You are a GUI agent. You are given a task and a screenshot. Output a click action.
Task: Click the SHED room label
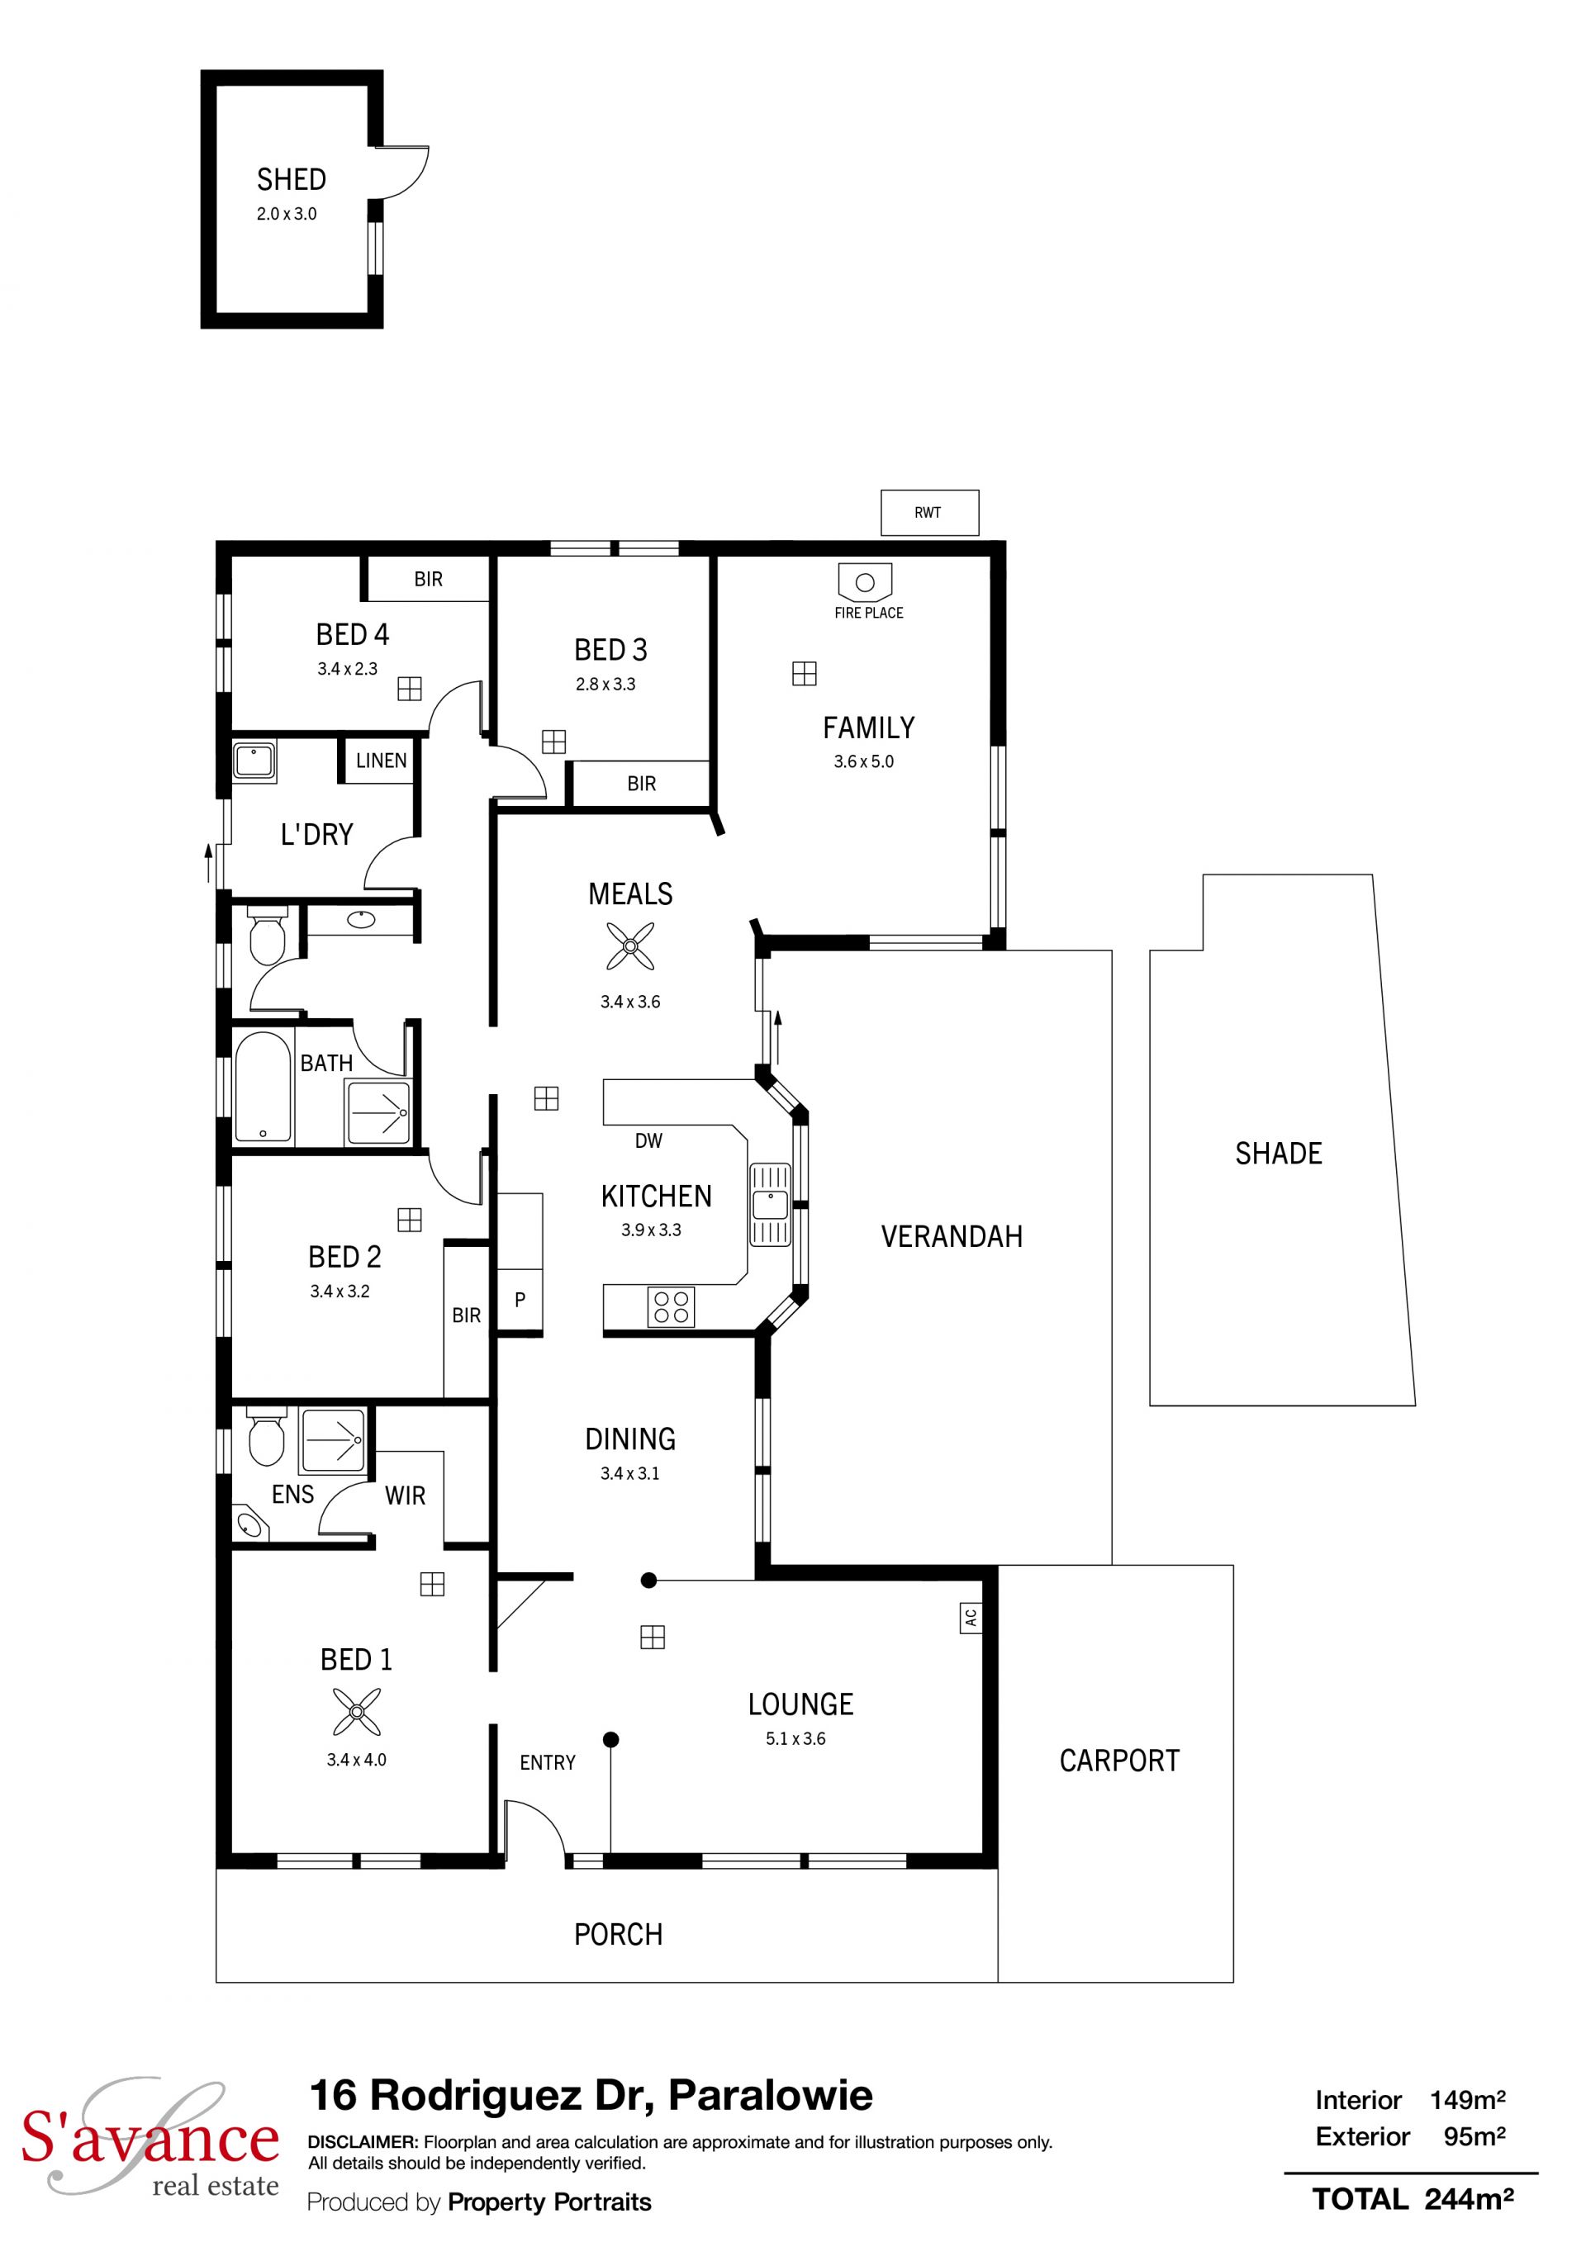(x=291, y=180)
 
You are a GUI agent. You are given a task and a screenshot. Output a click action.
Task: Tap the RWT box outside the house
(x=928, y=513)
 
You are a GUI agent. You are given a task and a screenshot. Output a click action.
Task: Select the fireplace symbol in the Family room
(x=864, y=582)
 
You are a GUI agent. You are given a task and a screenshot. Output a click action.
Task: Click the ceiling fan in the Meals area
(x=630, y=946)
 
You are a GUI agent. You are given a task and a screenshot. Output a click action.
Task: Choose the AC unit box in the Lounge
(x=970, y=1617)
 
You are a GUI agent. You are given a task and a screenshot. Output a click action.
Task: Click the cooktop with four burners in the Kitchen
(x=671, y=1306)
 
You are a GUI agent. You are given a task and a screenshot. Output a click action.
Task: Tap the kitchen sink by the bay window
(x=770, y=1204)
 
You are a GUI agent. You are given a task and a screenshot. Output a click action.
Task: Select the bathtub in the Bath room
(x=263, y=1085)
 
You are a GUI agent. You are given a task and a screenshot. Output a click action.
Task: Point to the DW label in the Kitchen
(x=648, y=1140)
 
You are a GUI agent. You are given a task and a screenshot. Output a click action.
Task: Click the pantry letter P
(x=520, y=1300)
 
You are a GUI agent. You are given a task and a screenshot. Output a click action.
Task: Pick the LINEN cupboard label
(x=381, y=761)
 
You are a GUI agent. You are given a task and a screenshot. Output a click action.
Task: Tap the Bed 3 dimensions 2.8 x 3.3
(x=605, y=685)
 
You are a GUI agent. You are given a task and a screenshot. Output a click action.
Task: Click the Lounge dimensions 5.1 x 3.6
(x=796, y=1738)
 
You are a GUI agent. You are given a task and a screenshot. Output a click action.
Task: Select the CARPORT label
(x=1119, y=1761)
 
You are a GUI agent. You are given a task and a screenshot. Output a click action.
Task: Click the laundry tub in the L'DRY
(x=254, y=760)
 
